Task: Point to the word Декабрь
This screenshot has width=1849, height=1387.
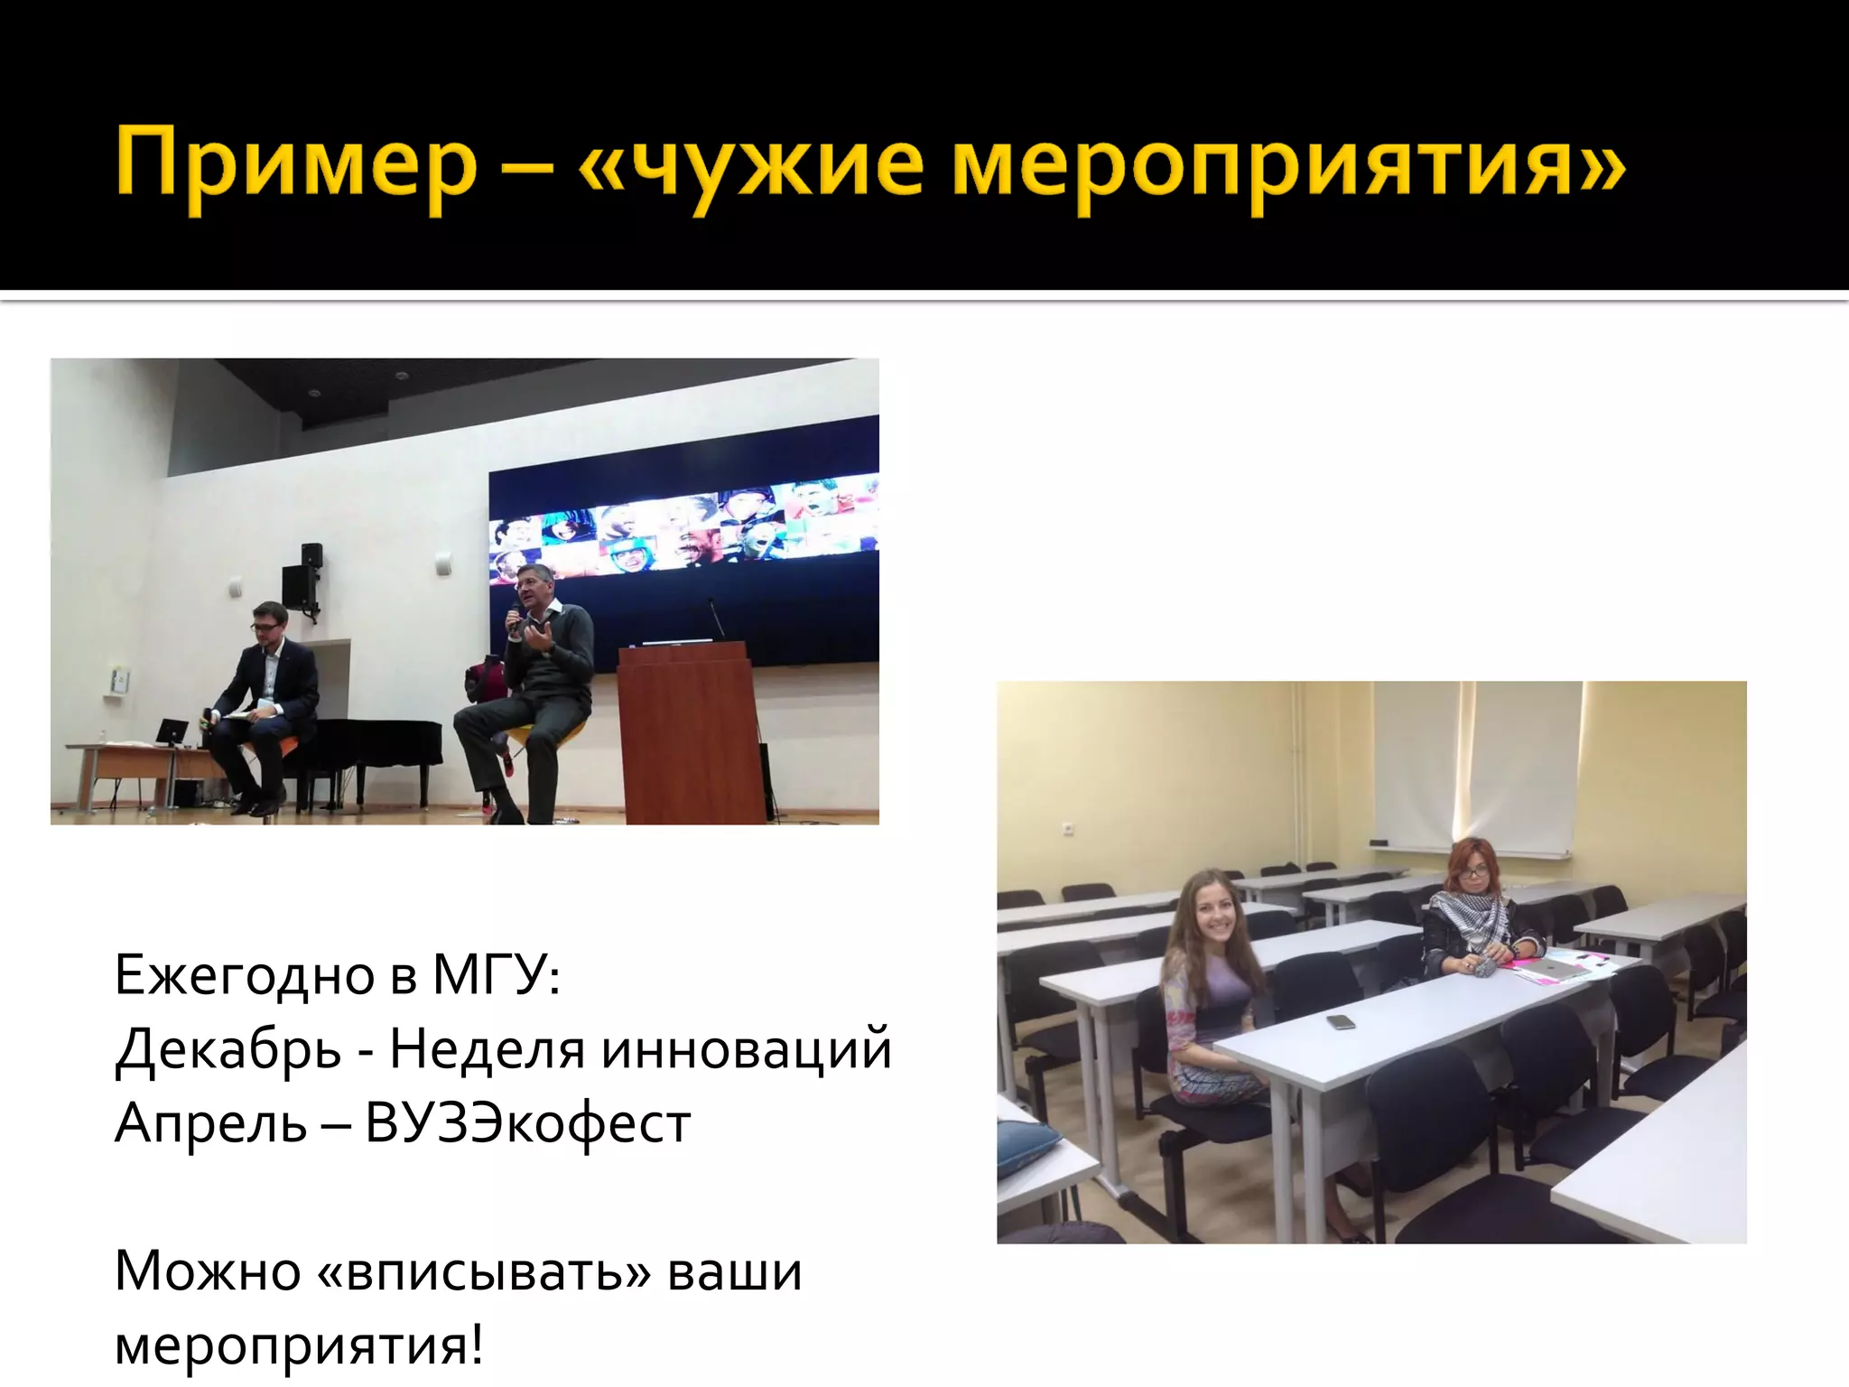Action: [x=228, y=1050]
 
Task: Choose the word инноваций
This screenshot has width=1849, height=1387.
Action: [x=746, y=1050]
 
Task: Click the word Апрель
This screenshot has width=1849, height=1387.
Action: [x=210, y=1124]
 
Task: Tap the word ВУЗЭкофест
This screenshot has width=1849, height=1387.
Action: [x=528, y=1124]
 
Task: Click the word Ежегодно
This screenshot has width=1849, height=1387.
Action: [x=245, y=975]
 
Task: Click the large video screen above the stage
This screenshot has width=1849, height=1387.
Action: [x=683, y=542]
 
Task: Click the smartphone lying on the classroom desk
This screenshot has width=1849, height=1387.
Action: [x=1341, y=1022]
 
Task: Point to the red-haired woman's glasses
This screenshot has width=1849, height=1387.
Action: [x=1473, y=872]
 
